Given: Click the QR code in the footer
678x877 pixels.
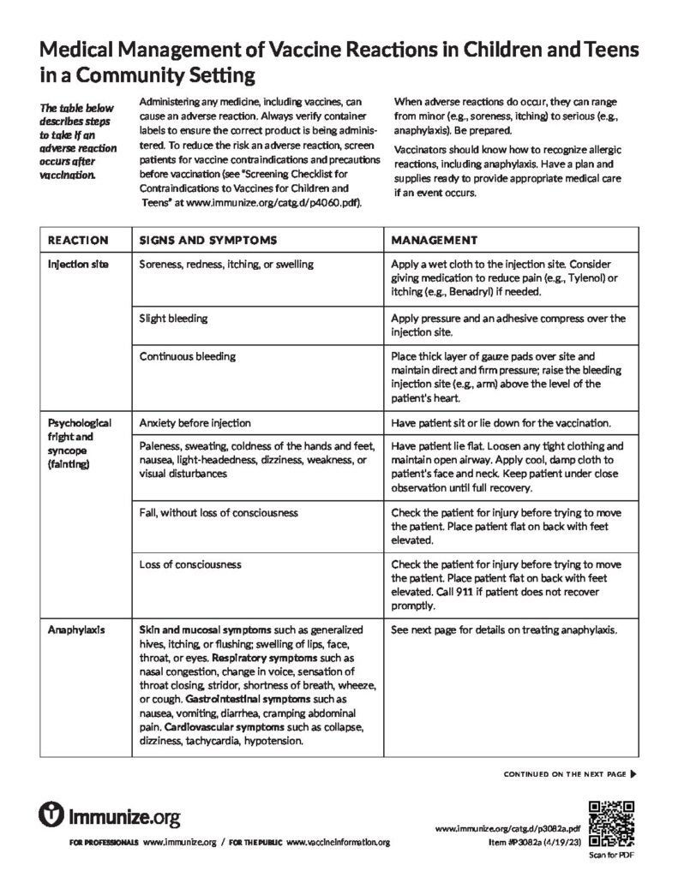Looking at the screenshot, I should pos(610,821).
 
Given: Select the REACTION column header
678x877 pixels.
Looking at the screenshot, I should pos(78,240).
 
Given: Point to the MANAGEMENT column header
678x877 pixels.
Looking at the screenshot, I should pos(434,240).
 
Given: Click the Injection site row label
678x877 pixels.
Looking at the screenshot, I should pos(78,265).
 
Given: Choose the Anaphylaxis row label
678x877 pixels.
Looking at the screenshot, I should pos(76,630).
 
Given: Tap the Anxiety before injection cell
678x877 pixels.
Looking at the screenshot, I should pos(195,423).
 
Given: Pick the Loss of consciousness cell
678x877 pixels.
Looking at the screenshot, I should pos(190,564).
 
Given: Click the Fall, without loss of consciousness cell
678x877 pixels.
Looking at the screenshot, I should pos(219,513).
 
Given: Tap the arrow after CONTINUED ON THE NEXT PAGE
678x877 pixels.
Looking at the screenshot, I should pos(633,774).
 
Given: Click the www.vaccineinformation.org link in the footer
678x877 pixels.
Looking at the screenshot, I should pos(338,844).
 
